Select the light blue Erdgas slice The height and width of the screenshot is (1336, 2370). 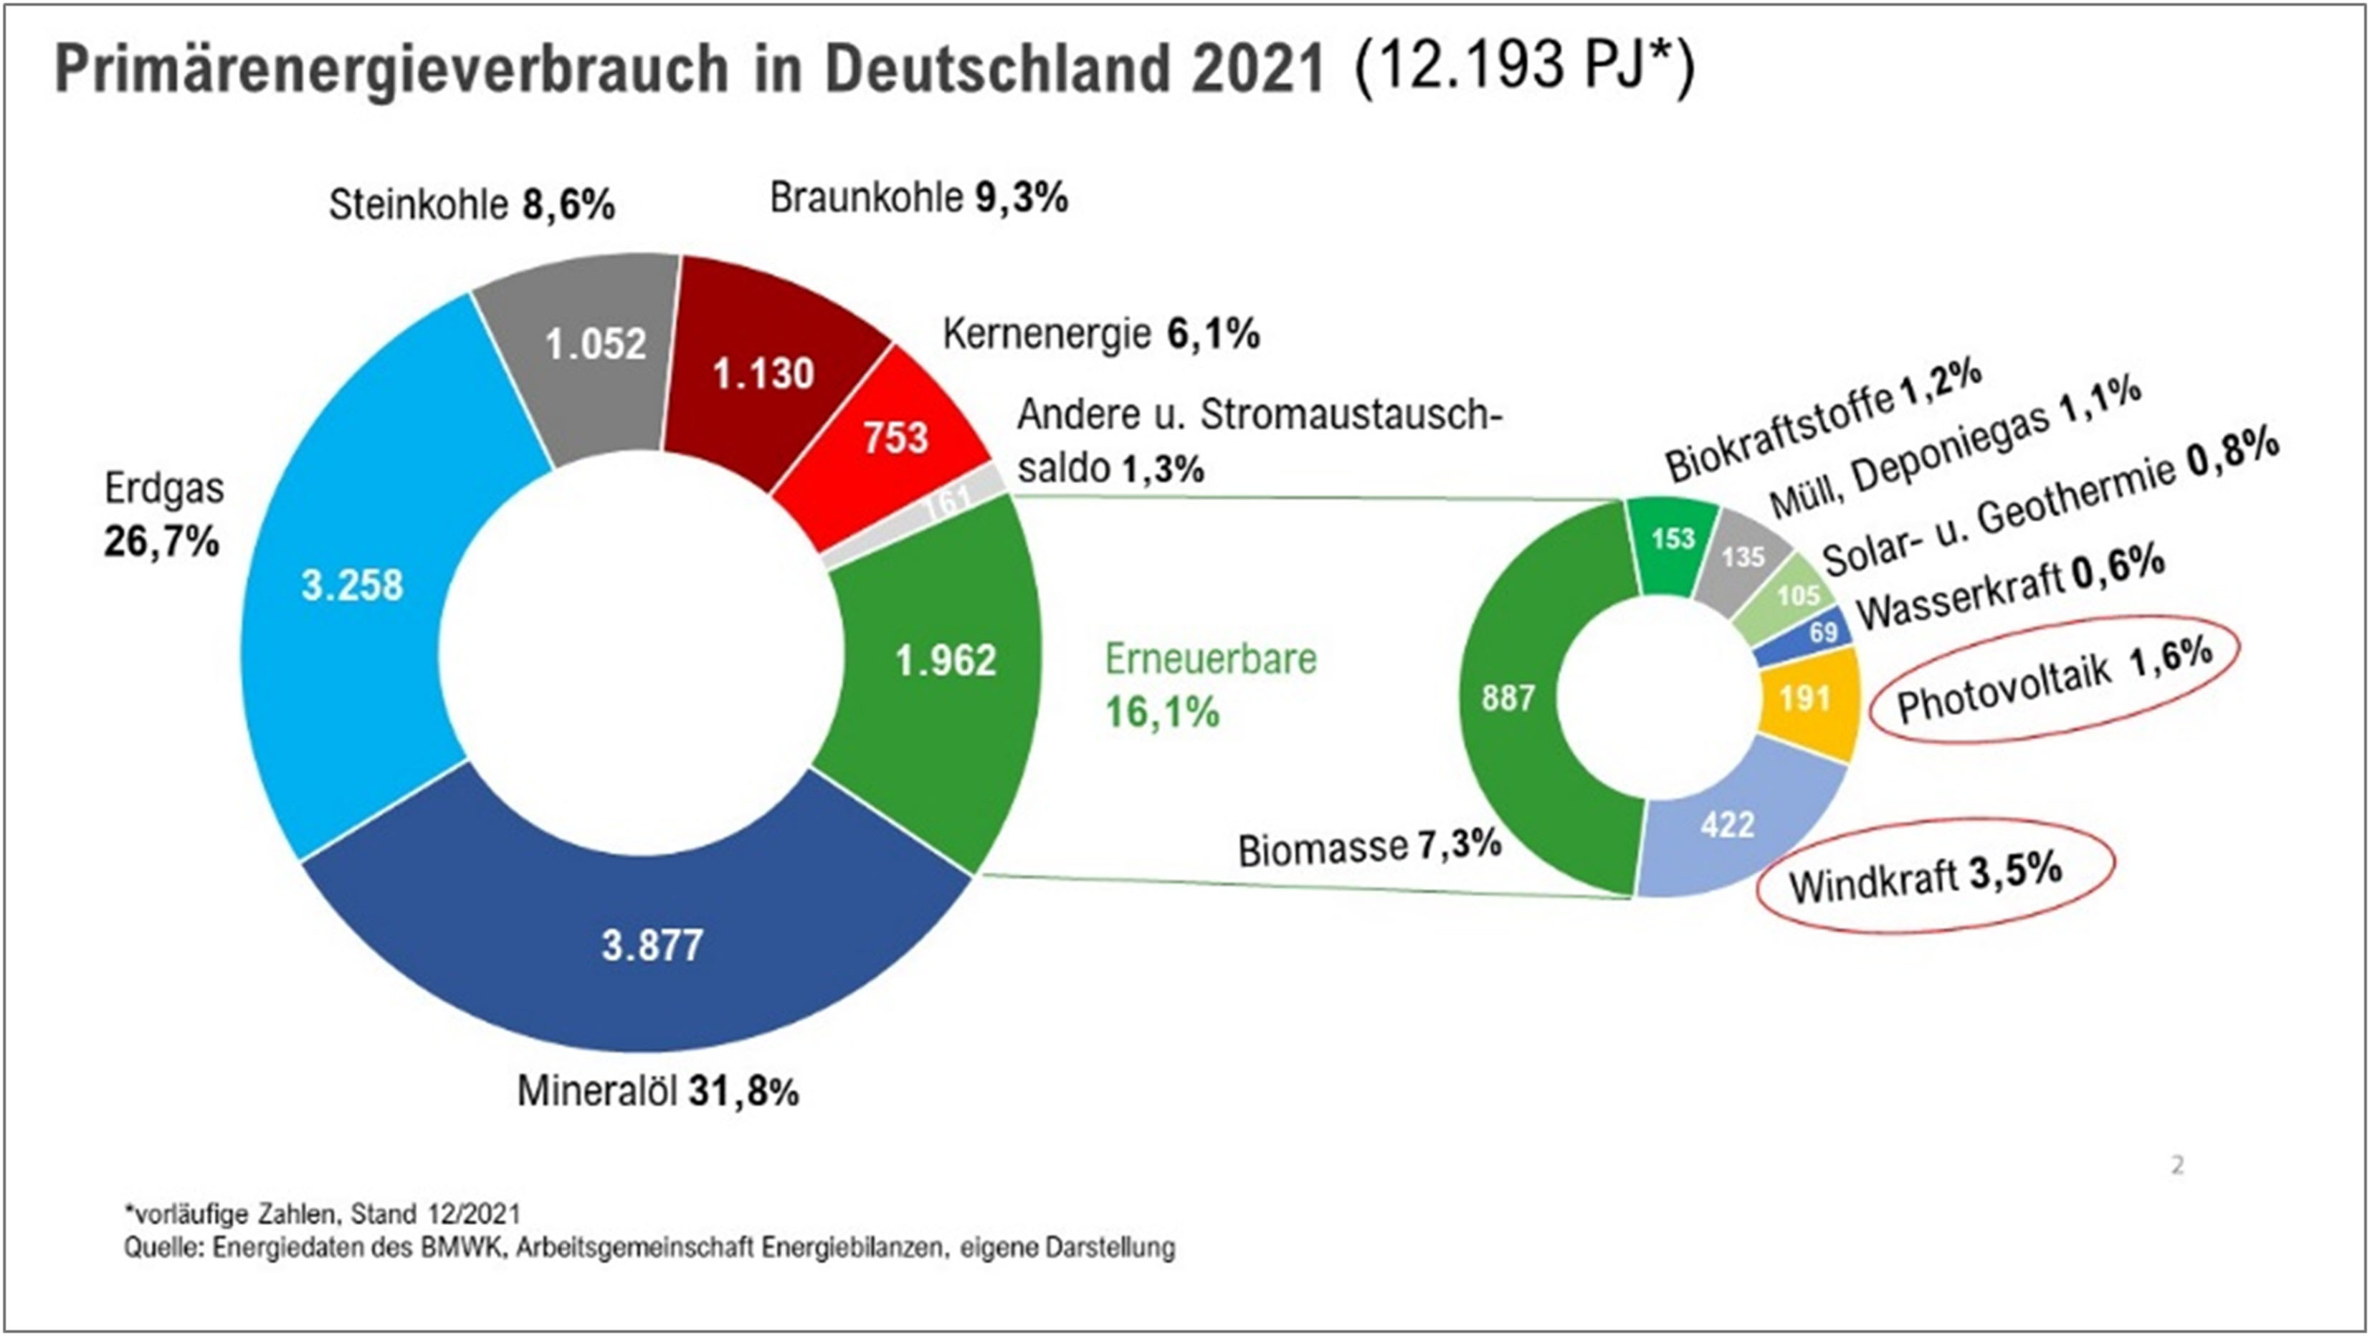(x=353, y=585)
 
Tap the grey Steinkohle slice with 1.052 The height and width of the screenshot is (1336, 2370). (x=595, y=345)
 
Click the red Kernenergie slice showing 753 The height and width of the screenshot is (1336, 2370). (x=894, y=438)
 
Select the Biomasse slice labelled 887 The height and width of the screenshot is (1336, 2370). (x=1507, y=698)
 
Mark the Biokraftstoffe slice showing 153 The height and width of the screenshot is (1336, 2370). (x=1672, y=539)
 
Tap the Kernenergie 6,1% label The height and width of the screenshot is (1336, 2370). (x=1100, y=335)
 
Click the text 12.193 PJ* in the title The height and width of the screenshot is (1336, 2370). (x=1523, y=66)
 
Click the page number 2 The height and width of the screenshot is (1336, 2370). (x=2176, y=1166)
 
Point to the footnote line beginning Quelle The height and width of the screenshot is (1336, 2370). (x=649, y=1249)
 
